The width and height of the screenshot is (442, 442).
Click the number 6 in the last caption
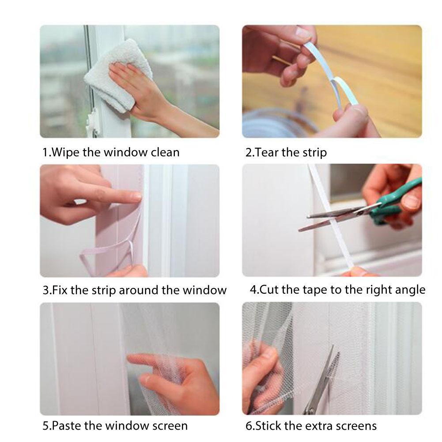248,426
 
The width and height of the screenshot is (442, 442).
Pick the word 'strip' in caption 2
314,153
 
